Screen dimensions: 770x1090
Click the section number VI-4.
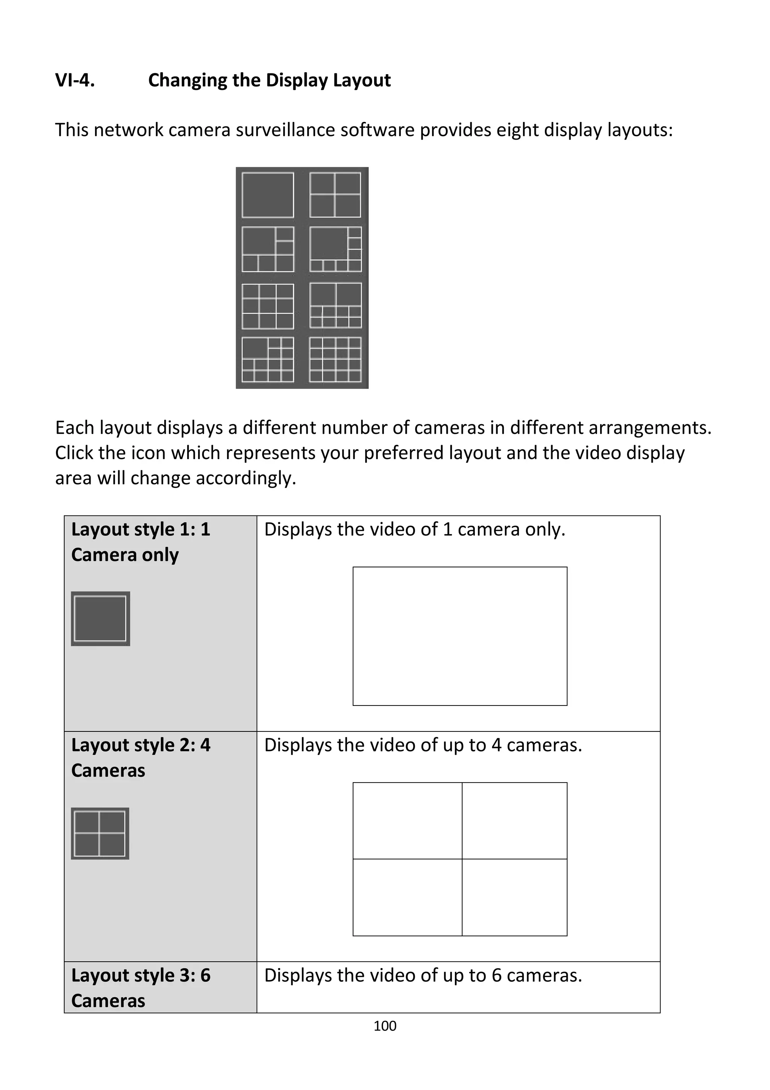[x=75, y=80]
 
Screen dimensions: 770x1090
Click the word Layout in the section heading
[x=362, y=80]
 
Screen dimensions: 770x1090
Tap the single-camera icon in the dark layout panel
[x=268, y=195]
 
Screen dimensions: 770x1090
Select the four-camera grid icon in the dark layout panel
[x=335, y=195]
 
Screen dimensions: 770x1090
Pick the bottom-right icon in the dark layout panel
[x=335, y=359]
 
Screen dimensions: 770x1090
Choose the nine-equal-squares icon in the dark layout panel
[x=268, y=306]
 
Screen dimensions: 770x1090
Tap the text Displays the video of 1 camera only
[x=415, y=529]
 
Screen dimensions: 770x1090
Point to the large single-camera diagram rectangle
[x=460, y=636]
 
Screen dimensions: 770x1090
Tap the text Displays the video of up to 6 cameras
[x=423, y=975]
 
